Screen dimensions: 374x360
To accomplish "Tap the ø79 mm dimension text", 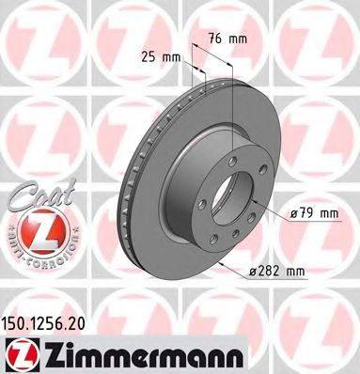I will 314,213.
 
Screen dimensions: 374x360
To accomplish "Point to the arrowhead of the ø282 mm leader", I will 217,266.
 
